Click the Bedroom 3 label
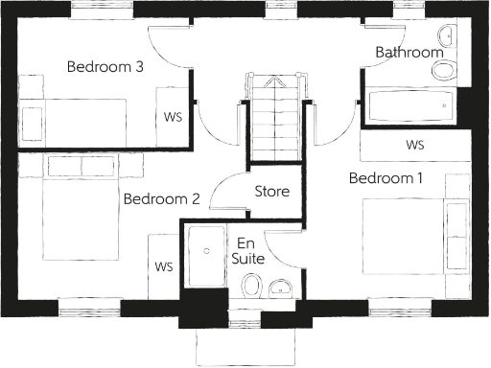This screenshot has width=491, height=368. point(105,67)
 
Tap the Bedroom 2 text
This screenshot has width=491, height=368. point(161,199)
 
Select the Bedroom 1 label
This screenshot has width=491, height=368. point(385,178)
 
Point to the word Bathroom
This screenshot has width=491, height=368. point(409,52)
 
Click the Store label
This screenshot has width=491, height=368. point(271,191)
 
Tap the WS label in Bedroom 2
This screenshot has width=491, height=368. point(165,265)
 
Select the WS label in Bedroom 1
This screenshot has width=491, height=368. point(414,146)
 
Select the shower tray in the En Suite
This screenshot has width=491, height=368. point(204,256)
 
